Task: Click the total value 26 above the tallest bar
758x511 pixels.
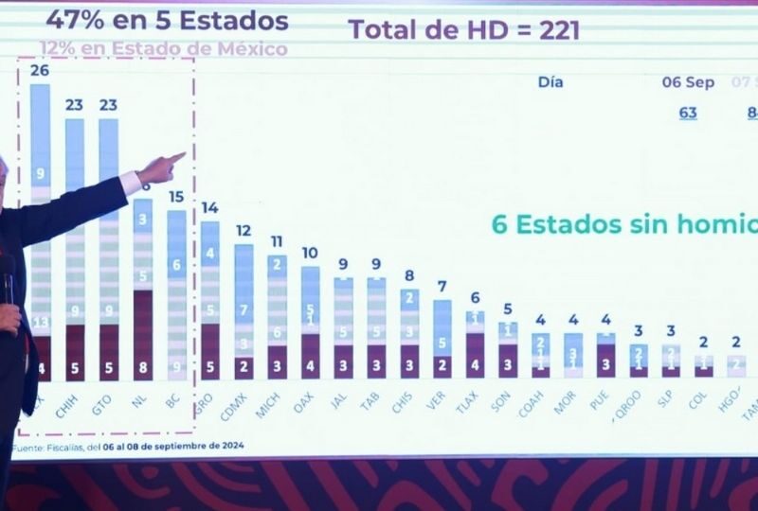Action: (40, 71)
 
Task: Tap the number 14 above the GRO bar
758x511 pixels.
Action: (209, 208)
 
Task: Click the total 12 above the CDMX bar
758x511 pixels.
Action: (244, 231)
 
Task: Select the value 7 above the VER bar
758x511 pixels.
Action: (442, 286)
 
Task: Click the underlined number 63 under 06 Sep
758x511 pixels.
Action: (688, 114)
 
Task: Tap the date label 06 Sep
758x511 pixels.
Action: (688, 82)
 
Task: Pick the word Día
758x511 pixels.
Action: (550, 82)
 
